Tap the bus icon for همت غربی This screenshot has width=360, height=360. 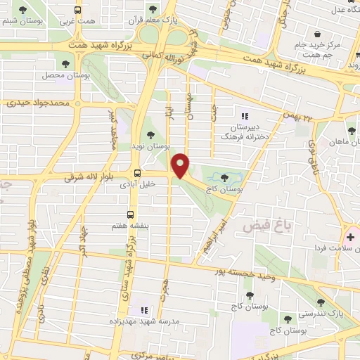77,11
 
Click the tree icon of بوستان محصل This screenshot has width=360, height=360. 72,63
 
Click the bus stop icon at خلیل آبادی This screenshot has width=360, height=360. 137,172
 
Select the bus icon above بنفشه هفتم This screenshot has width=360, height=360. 130,214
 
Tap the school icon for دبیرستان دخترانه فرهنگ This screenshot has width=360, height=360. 245,116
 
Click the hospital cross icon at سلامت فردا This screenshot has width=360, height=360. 349,237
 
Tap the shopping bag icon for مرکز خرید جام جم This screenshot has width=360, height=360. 318,34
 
